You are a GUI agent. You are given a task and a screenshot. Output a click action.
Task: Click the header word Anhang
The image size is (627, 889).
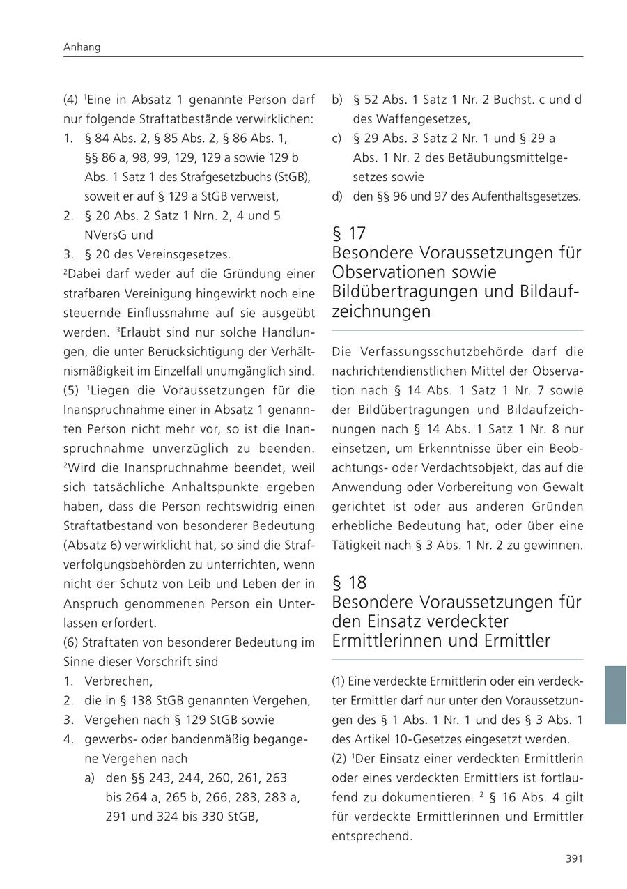[82, 47]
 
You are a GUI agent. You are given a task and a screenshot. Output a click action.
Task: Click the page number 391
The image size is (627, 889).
[573, 859]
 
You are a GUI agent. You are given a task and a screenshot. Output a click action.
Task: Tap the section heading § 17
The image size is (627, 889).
[349, 233]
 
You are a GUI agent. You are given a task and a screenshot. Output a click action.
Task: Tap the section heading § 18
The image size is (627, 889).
[349, 582]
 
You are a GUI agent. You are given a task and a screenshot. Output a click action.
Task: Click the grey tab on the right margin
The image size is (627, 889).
[615, 695]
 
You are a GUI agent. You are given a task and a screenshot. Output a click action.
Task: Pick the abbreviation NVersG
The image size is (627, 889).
[106, 235]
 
